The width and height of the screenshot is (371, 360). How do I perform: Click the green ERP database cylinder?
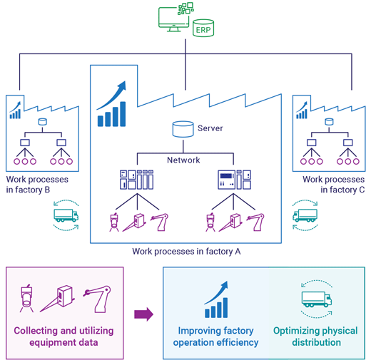203,28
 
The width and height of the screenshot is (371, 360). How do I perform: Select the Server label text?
210,128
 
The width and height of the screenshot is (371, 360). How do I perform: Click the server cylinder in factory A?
183,129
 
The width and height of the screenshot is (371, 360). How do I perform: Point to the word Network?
183,160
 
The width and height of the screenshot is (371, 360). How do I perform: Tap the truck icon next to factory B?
66,215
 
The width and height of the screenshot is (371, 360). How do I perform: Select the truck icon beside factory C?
305,215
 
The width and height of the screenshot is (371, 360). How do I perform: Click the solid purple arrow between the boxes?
143,314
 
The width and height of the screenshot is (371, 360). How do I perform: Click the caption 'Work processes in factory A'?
186,252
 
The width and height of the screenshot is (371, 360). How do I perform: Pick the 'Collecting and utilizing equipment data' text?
63,336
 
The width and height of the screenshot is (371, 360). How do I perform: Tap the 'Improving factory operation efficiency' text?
215,336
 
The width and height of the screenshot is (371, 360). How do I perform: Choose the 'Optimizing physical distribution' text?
315,336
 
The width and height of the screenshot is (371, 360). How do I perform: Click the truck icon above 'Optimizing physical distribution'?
317,299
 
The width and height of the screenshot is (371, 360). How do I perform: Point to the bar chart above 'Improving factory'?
216,300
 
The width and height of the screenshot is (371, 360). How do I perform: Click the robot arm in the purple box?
98,299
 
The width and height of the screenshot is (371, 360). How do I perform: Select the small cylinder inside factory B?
43,122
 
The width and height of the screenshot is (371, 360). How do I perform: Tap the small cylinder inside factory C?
329,122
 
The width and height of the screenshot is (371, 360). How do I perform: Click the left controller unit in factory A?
136,180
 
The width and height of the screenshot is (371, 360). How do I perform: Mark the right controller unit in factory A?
235,180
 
